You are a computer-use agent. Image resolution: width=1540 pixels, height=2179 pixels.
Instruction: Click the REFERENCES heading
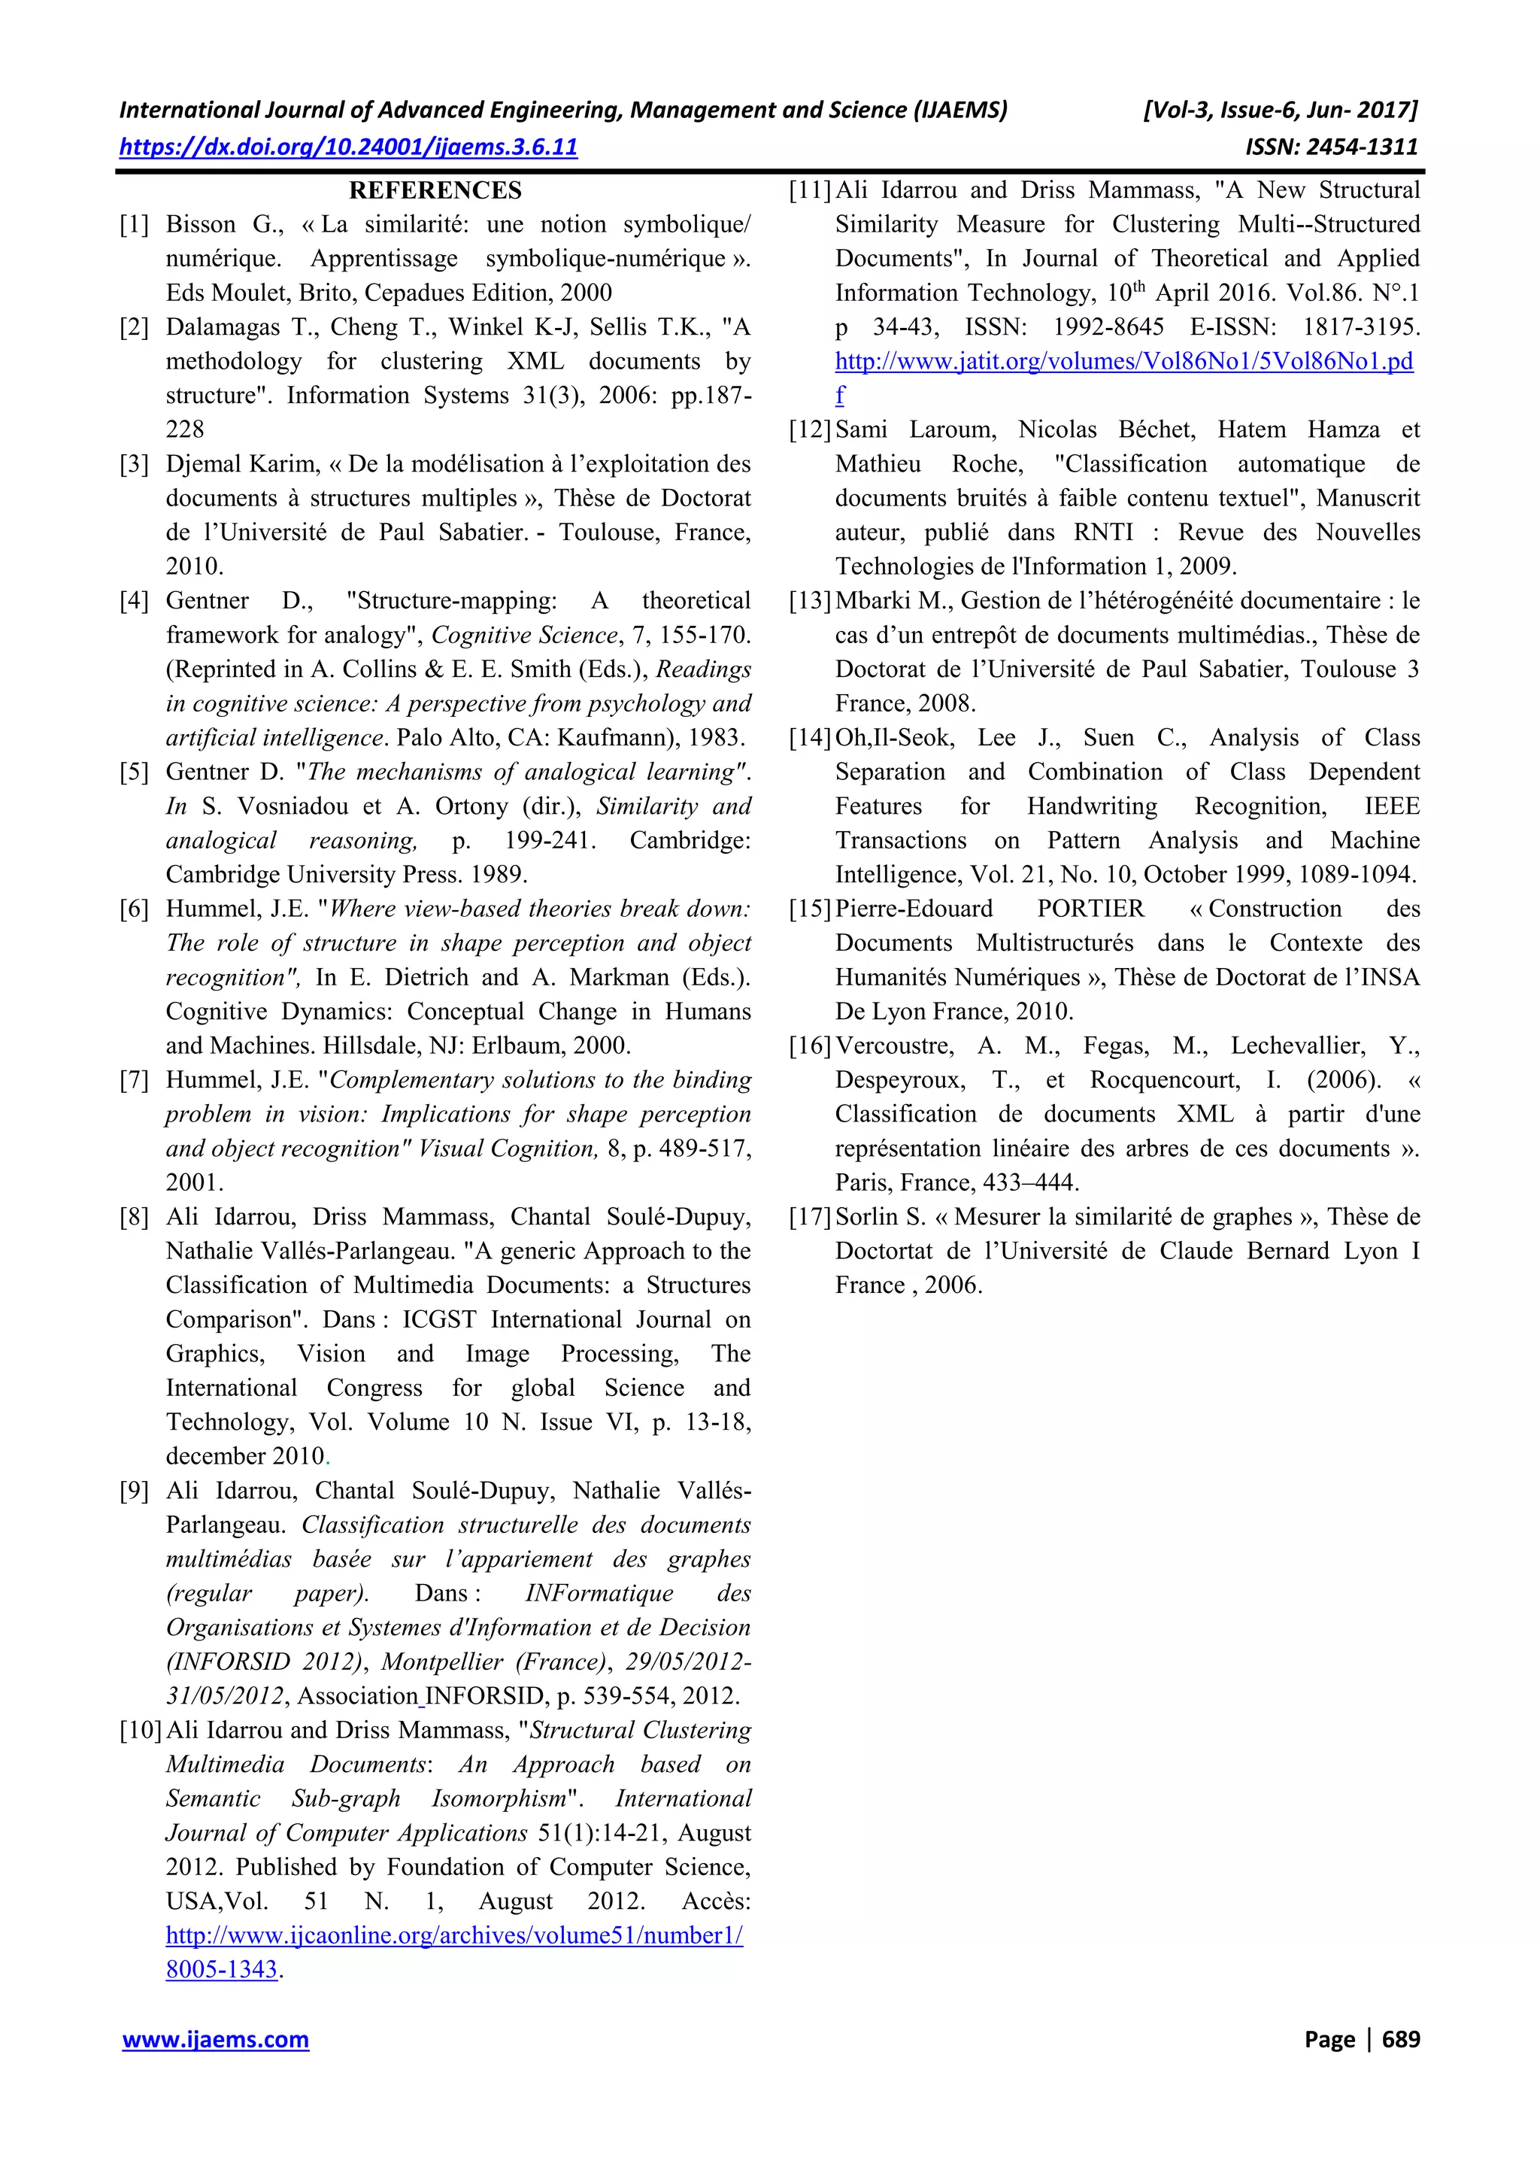435,191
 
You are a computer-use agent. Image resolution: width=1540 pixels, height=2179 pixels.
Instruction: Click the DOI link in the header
348,147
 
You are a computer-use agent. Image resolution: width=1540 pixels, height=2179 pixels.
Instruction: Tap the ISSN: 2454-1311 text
1330,147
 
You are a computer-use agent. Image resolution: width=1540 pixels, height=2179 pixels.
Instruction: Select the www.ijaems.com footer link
215,2040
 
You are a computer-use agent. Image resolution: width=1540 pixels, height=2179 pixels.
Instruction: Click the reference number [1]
134,225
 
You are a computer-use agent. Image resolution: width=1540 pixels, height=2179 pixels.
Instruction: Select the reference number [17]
809,1217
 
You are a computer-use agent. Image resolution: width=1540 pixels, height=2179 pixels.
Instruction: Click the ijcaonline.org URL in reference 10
453,1935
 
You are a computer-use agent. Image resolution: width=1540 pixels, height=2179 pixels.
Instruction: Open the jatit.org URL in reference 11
1123,362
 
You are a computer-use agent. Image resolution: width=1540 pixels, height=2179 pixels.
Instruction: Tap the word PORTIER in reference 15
1090,909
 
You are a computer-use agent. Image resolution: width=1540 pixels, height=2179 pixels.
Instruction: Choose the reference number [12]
809,430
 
